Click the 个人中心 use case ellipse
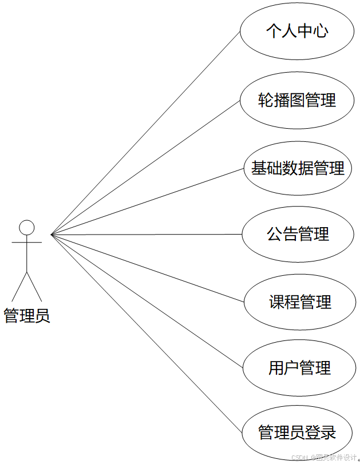(x=297, y=31)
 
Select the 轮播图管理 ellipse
(x=297, y=100)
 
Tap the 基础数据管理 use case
(x=298, y=168)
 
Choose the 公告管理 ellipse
(x=298, y=234)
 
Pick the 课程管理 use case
(x=300, y=302)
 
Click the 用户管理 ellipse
(x=299, y=368)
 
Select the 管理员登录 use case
(x=297, y=433)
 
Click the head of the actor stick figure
(x=27, y=227)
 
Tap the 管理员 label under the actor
(x=27, y=315)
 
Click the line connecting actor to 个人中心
(x=145, y=133)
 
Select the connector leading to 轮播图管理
(x=145, y=168)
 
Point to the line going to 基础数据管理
(x=148, y=201)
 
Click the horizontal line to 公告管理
(x=147, y=234)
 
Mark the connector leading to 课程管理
(x=148, y=268)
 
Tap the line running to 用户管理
(x=147, y=301)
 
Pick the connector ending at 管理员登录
(x=145, y=333)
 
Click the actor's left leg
(x=19, y=287)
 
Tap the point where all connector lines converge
(x=52, y=235)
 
